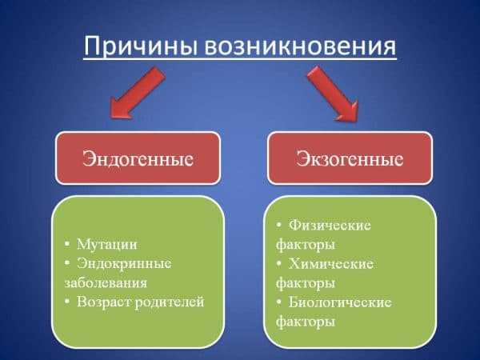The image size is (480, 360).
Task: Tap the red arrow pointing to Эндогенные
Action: [x=137, y=93]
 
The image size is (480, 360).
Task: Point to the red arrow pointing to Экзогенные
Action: [x=333, y=94]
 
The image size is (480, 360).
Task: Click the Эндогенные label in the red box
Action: [x=138, y=159]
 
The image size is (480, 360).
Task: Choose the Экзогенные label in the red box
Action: [x=350, y=159]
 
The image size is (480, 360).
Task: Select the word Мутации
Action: [x=107, y=244]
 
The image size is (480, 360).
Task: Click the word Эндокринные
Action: [x=124, y=263]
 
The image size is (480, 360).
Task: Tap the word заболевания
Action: [x=106, y=283]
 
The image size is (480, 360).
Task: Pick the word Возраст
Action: [x=104, y=302]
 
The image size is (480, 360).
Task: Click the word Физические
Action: [x=330, y=226]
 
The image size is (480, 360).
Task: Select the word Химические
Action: [x=331, y=264]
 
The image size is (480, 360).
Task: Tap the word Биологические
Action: [x=340, y=302]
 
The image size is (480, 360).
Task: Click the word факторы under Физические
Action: [x=306, y=245]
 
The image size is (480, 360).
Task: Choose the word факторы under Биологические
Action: [x=306, y=322]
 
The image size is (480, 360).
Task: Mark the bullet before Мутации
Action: [x=67, y=244]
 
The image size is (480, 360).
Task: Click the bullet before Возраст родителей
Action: [x=67, y=302]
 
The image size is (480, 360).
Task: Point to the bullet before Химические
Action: [x=279, y=263]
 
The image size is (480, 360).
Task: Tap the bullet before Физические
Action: [x=279, y=225]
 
